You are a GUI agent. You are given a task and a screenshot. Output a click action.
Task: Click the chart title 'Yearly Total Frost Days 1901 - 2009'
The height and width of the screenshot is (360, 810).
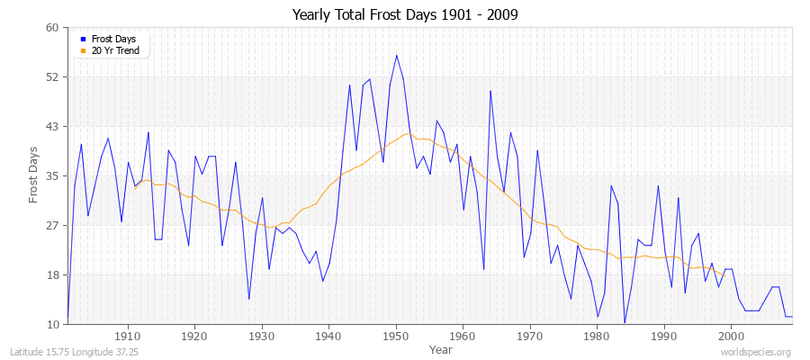(405, 15)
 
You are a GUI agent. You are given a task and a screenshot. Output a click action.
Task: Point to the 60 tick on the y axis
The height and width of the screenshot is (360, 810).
(52, 28)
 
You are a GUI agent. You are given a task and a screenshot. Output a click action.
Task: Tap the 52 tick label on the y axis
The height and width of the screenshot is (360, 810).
(52, 77)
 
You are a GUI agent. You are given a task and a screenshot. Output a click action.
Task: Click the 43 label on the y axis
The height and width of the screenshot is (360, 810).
(52, 127)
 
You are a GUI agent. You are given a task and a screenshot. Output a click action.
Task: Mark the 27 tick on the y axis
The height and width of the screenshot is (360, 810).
(52, 226)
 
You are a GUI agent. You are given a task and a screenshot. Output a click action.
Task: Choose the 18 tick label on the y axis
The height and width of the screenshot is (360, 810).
(52, 274)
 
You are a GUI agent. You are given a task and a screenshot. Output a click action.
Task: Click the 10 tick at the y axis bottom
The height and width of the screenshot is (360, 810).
(52, 324)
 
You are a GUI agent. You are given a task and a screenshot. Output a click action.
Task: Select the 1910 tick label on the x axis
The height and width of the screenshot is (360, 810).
(128, 336)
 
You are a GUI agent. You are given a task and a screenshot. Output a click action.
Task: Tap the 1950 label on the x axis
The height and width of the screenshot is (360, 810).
(396, 336)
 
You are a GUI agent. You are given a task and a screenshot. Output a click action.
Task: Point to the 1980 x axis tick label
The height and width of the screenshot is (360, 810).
(597, 336)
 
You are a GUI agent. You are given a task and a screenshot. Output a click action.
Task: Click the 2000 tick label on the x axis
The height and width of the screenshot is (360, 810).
(731, 336)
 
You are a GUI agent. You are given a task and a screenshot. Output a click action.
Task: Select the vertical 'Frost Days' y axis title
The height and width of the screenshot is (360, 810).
(33, 175)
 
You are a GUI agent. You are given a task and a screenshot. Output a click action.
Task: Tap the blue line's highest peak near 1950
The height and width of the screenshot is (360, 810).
(396, 56)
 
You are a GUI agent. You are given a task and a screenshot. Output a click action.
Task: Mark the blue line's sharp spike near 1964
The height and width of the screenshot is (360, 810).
(490, 91)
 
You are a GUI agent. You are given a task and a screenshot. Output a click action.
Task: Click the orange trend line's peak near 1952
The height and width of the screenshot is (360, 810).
(408, 134)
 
